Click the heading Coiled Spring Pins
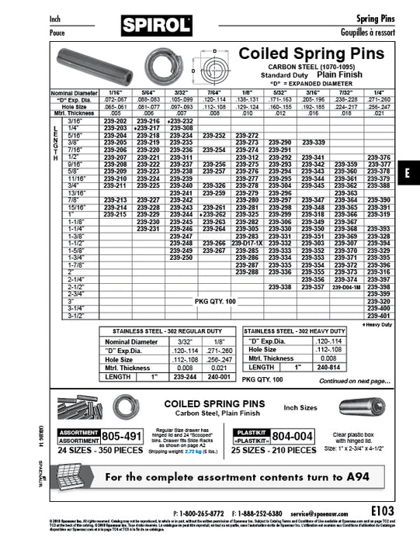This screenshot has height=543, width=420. [311, 54]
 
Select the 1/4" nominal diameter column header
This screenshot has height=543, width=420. [379, 93]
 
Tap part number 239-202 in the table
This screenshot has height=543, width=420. [115, 123]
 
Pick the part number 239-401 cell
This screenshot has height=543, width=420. [379, 316]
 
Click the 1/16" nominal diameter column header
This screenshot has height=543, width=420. [115, 93]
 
